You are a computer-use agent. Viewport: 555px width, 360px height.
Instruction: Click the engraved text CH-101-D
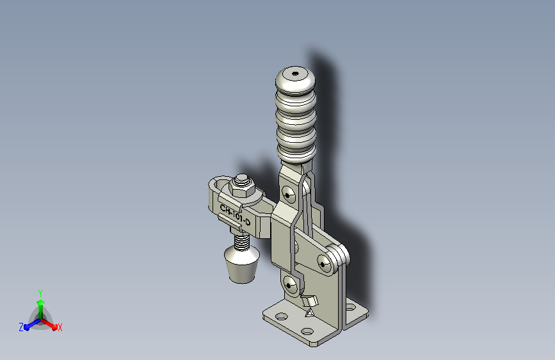click(x=235, y=215)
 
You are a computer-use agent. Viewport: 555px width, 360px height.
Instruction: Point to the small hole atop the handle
click(x=296, y=74)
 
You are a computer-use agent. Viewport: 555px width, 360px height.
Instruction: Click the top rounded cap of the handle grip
click(x=295, y=80)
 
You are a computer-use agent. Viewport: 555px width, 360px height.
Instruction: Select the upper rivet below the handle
click(x=288, y=195)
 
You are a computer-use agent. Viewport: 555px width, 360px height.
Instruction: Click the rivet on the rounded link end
click(x=323, y=264)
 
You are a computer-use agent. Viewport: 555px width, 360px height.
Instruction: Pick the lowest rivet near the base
click(x=289, y=285)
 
